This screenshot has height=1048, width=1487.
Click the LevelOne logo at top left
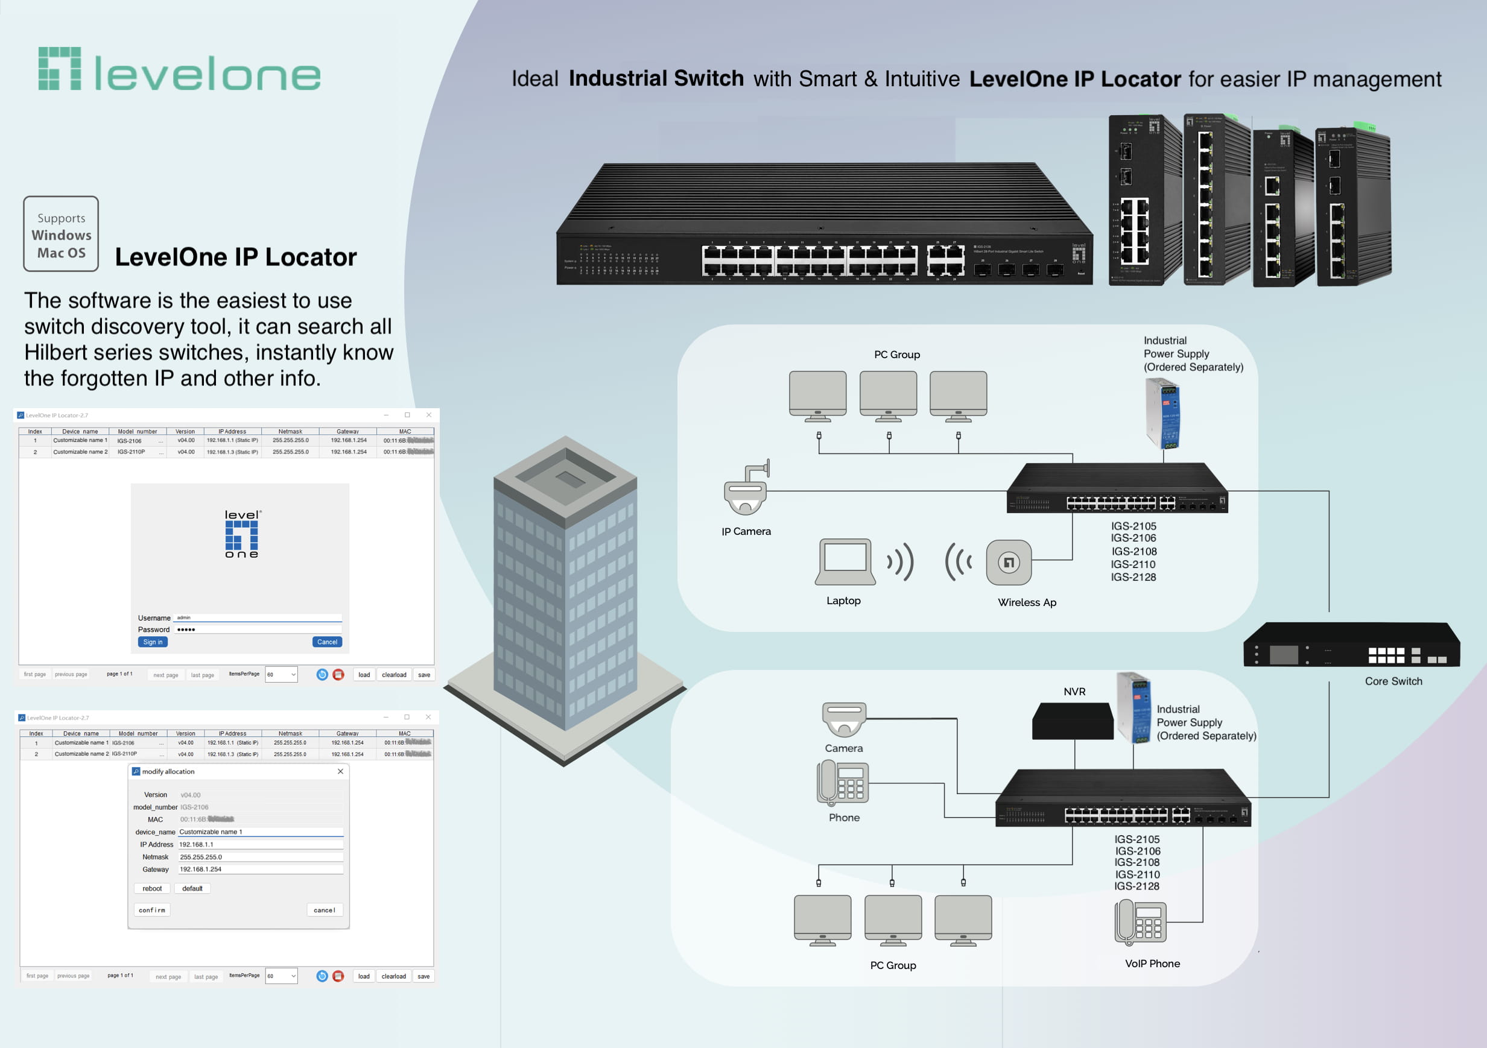click(x=179, y=69)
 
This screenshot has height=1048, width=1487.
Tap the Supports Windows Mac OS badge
click(x=61, y=234)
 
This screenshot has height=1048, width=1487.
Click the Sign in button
click(x=153, y=642)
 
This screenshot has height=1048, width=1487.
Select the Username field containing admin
click(x=258, y=617)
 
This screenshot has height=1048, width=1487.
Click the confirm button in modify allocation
click(x=152, y=910)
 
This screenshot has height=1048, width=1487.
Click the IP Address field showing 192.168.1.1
click(x=261, y=844)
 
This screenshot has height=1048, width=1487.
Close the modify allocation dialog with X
click(x=341, y=772)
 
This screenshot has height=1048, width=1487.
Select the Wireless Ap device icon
click(x=1009, y=563)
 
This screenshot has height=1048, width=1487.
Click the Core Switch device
click(x=1352, y=645)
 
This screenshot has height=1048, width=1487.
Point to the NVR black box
click(x=1073, y=721)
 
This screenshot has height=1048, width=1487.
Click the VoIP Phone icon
click(x=1141, y=923)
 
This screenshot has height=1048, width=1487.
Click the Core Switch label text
click(x=1393, y=681)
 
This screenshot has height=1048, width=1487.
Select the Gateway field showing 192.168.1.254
click(x=261, y=870)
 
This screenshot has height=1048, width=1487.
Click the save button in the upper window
click(x=424, y=675)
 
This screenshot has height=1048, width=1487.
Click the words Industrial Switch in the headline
click(x=656, y=78)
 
